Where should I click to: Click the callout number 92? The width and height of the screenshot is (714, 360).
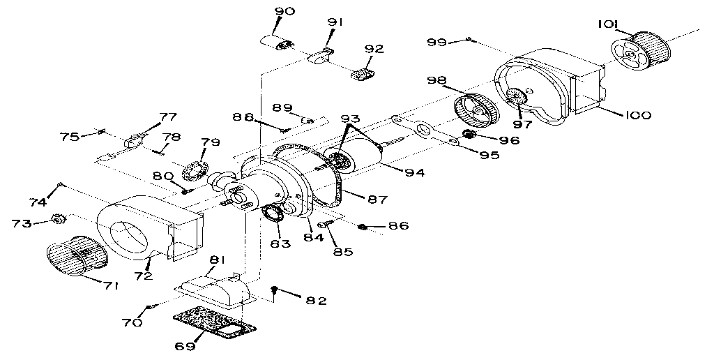point(374,49)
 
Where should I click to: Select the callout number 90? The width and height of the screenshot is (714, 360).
point(285,11)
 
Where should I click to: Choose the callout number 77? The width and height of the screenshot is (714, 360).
point(169,117)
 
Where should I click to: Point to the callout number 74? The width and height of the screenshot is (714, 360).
point(38,202)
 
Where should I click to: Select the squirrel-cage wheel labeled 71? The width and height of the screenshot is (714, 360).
point(75,255)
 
